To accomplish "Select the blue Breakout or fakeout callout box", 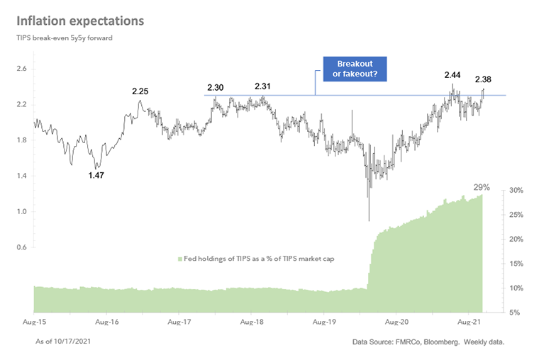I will (x=355, y=69).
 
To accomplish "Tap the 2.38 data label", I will (x=485, y=79).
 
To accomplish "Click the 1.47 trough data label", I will (x=96, y=175).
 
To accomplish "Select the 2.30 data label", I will (x=216, y=88).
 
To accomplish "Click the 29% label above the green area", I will (x=482, y=187).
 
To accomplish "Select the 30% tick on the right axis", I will (x=517, y=191).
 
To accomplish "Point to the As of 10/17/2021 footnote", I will (x=63, y=342).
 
